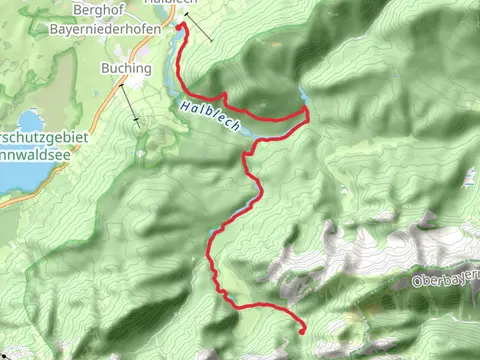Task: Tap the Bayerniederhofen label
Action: pyautogui.click(x=111, y=30)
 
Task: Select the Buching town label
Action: pyautogui.click(x=125, y=68)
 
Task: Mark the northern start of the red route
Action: pyautogui.click(x=180, y=27)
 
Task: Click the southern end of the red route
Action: pyautogui.click(x=302, y=327)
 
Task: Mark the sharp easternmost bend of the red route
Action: pyautogui.click(x=307, y=116)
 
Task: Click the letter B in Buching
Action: pyautogui.click(x=105, y=68)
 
